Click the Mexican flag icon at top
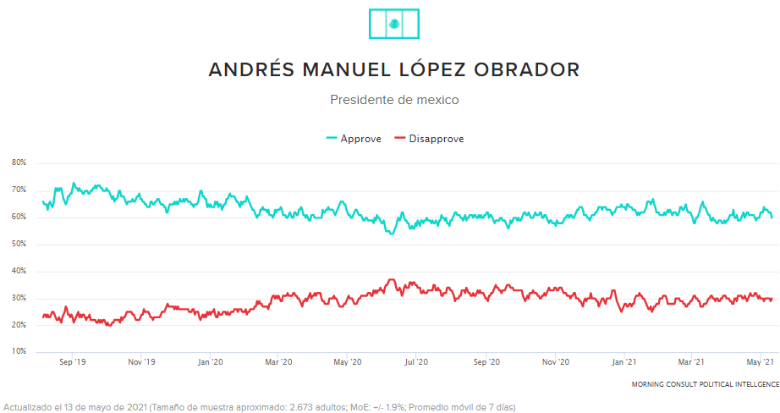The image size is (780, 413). (x=394, y=23)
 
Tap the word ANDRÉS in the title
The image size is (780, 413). (x=249, y=69)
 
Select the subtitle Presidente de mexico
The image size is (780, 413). (x=394, y=100)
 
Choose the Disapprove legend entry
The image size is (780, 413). (x=429, y=139)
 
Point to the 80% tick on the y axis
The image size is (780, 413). (x=19, y=162)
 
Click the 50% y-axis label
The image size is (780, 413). (x=19, y=244)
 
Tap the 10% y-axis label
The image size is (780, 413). (x=19, y=351)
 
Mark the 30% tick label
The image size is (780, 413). (x=19, y=298)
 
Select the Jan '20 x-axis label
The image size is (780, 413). (x=209, y=362)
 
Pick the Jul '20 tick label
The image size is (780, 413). (x=415, y=362)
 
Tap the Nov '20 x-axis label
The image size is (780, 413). (x=555, y=362)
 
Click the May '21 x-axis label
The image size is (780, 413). (x=761, y=362)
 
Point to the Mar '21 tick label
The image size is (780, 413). (x=692, y=362)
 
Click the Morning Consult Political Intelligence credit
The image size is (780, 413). (x=705, y=384)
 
